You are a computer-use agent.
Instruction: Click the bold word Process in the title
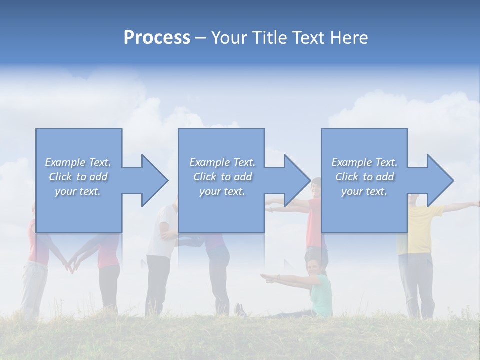click(x=157, y=38)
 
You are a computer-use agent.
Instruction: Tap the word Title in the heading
click(x=269, y=38)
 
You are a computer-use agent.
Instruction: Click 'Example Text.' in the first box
click(x=78, y=162)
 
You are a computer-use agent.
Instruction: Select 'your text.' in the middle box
click(x=222, y=191)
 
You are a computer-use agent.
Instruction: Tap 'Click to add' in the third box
click(x=365, y=177)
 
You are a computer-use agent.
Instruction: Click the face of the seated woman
click(x=313, y=267)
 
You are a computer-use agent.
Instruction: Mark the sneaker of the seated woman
click(x=240, y=310)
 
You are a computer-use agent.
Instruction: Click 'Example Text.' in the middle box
click(x=222, y=162)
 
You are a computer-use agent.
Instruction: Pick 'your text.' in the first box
click(x=78, y=191)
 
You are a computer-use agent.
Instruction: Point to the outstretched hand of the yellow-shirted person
click(x=475, y=203)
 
